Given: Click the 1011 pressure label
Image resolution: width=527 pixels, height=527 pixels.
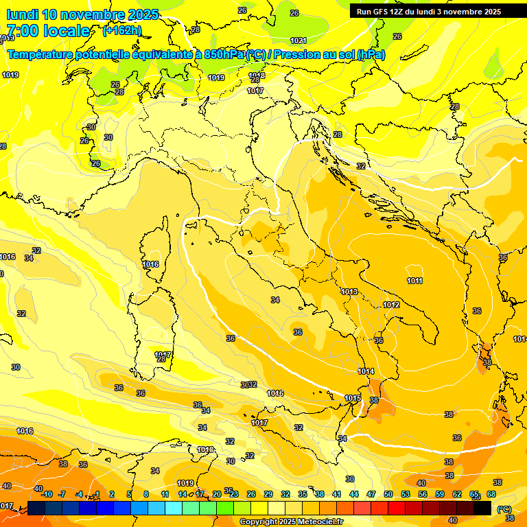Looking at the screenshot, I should click(414, 281).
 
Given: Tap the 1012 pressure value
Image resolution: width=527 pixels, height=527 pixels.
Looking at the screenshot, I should click(391, 305).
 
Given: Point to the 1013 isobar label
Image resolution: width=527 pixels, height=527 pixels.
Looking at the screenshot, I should click(349, 292).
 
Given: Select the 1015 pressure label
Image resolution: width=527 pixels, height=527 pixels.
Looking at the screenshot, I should click(353, 398).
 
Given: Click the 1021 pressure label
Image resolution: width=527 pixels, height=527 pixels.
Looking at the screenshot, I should click(298, 40).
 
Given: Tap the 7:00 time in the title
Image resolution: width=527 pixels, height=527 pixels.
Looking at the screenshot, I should click(22, 31).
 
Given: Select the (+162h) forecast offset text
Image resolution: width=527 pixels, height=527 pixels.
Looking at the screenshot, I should click(122, 31).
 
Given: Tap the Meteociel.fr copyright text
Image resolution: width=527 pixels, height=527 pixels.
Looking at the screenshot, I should click(292, 522).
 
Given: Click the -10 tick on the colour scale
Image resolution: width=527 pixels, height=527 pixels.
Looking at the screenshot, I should click(47, 494).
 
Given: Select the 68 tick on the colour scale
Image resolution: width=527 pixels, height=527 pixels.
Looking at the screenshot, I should click(491, 494).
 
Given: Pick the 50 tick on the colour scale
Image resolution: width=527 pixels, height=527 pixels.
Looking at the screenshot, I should click(388, 494).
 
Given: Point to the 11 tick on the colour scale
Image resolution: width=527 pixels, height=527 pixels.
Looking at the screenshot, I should click(165, 494).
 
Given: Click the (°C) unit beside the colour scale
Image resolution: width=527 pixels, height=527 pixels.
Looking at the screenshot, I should click(504, 510).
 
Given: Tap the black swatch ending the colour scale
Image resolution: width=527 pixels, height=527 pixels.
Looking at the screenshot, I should click(482, 508).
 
